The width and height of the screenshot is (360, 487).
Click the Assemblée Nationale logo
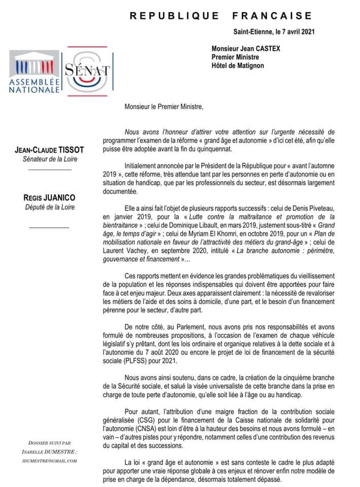click(33, 71)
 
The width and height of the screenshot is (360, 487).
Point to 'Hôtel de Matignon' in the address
click(238, 65)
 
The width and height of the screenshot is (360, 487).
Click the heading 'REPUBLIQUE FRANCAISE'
click(221, 16)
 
